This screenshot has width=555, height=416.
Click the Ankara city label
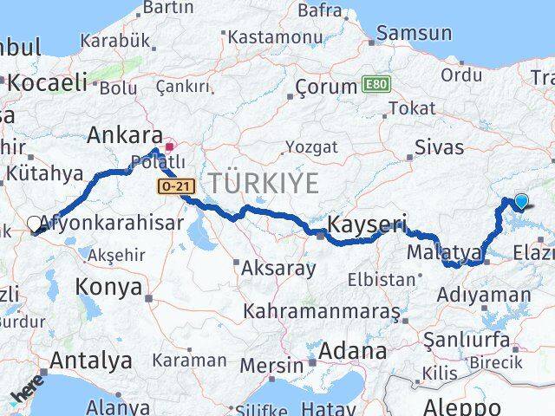click(125, 135)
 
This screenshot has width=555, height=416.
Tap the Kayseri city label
click(367, 224)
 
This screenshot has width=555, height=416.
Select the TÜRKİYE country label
click(263, 183)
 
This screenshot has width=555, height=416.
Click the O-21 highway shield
click(172, 186)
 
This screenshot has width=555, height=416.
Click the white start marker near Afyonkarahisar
click(35, 224)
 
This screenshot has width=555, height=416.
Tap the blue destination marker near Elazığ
click(521, 202)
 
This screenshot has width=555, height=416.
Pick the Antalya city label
click(91, 360)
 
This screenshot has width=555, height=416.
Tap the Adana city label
click(352, 351)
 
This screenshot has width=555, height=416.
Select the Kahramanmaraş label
click(321, 309)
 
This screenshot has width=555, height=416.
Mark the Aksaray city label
click(278, 267)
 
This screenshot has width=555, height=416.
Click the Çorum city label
click(326, 87)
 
